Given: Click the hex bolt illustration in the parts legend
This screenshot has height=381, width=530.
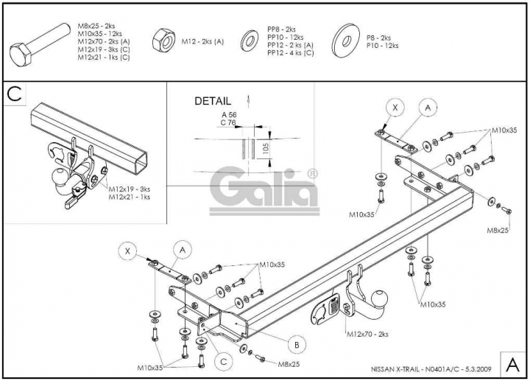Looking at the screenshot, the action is coord(38,45).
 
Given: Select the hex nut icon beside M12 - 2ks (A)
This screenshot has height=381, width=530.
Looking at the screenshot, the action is coord(164,40).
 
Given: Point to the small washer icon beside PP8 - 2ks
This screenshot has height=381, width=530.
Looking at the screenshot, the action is coord(250,41).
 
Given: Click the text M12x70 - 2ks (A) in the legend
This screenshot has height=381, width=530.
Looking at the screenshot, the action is coord(104,41).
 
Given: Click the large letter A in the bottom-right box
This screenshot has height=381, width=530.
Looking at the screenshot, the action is coord(513,365).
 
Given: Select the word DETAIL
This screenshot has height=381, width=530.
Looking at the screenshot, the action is coord(213,101).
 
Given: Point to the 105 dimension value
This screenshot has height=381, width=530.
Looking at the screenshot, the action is coord(265,148).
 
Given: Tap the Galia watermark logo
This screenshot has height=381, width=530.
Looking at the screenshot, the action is coord(264,190).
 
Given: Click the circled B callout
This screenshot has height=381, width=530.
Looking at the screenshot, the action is coord(297,345).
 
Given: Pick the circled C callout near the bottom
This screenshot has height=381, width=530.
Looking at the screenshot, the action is coord(224,362).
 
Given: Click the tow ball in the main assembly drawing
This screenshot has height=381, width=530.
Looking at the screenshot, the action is coord(379,299).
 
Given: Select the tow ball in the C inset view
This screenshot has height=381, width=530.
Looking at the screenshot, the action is coord(59,177).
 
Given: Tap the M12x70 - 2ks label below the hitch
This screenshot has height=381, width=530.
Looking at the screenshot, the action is coord(367,335).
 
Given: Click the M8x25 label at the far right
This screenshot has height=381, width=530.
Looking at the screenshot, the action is coord(498,231).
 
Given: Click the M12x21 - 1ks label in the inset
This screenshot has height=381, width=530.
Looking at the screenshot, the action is coord(129,197).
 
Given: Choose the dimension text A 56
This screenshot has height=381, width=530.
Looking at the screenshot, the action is coord(229,115).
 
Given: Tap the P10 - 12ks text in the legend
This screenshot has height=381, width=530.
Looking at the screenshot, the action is coord(382,46).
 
